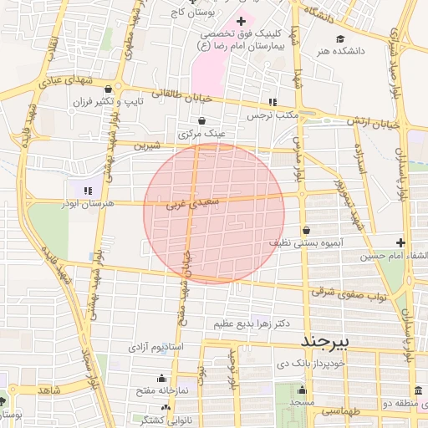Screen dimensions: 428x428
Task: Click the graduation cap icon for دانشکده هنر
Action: [x=340, y=39]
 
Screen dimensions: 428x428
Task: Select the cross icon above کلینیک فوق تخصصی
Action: [x=242, y=21]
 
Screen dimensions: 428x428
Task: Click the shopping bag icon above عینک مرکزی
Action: [x=201, y=121]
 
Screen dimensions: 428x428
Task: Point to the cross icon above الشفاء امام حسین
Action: [x=400, y=242]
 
